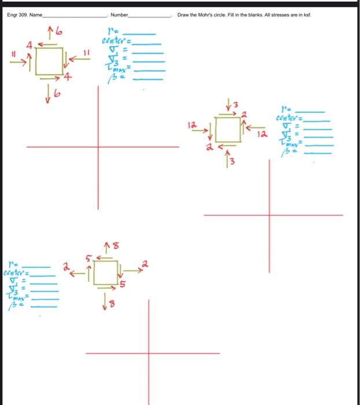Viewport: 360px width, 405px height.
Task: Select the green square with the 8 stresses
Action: pyautogui.click(x=105, y=273)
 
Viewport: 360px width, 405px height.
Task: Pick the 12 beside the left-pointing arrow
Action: pyautogui.click(x=263, y=134)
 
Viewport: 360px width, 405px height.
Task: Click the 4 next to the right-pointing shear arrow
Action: pyautogui.click(x=68, y=77)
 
